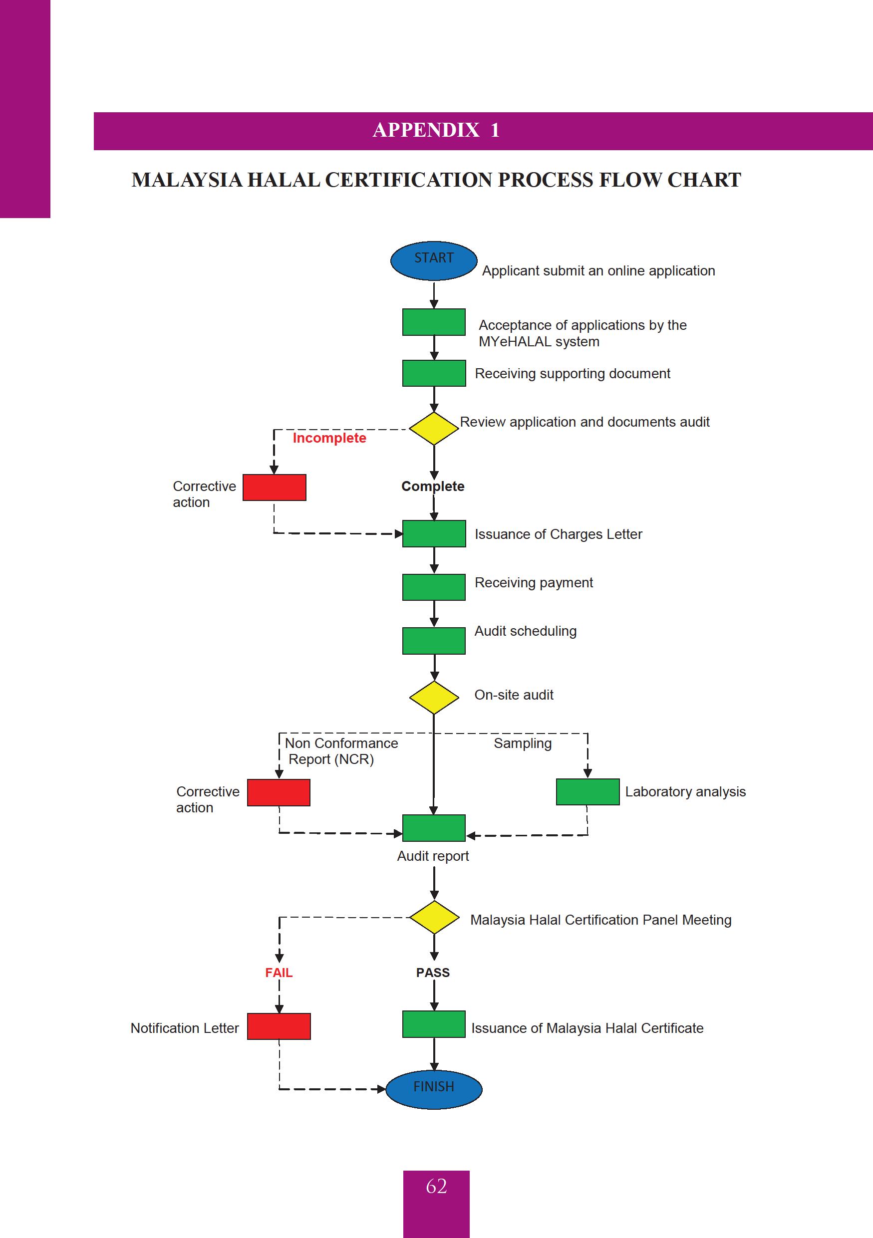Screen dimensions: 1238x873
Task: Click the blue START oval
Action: click(434, 260)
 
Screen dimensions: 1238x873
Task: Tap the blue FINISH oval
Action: click(434, 1089)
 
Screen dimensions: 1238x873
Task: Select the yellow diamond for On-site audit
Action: click(434, 697)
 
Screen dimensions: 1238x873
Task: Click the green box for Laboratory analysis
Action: click(587, 791)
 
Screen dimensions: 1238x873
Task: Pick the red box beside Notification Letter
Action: click(279, 1026)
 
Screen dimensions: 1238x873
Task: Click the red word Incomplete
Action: click(329, 438)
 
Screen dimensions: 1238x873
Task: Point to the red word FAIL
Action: click(279, 972)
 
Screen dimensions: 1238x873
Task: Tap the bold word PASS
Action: click(432, 972)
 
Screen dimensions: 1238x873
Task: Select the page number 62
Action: click(436, 1186)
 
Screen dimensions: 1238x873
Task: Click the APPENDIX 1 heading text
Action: click(436, 130)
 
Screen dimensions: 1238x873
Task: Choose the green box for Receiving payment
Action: click(434, 587)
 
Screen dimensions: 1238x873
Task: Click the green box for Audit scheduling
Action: click(434, 641)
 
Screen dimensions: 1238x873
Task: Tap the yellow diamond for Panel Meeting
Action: click(434, 917)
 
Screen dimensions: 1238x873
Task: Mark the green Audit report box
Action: click(434, 828)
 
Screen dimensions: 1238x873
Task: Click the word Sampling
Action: click(523, 743)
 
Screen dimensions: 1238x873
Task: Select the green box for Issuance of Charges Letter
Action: click(434, 533)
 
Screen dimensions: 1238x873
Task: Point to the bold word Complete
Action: click(432, 486)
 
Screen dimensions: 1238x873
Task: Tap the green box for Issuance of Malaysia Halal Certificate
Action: click(434, 1024)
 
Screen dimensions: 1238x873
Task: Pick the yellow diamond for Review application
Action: click(434, 429)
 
